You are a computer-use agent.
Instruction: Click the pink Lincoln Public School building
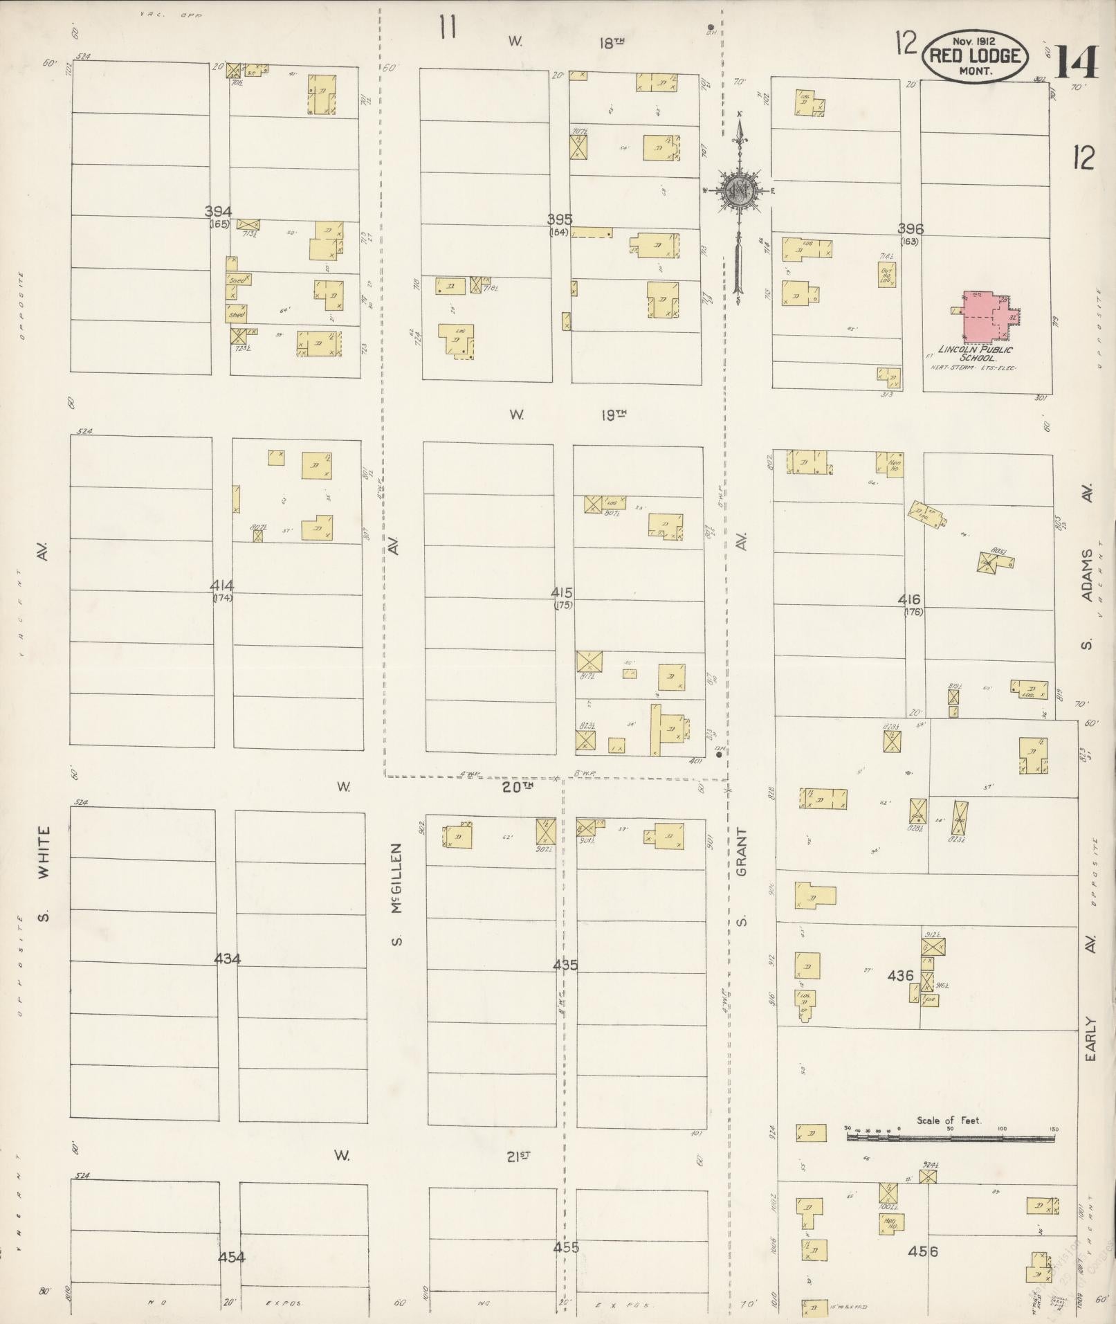tap(985, 316)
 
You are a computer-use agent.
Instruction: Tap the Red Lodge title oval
tap(975, 56)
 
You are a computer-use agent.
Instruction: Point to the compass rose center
tap(740, 189)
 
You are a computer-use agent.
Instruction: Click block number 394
tap(218, 212)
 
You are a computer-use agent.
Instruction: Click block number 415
tap(562, 593)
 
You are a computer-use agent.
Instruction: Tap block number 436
tap(901, 976)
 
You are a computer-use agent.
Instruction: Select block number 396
tap(911, 228)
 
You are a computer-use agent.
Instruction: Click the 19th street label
tap(612, 415)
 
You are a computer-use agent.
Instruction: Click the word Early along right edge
tap(1090, 1038)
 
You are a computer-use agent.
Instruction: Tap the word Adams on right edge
tap(1088, 576)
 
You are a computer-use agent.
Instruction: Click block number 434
tap(228, 959)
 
